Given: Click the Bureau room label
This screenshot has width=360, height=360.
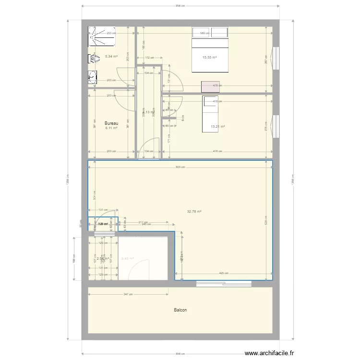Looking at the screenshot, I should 111,123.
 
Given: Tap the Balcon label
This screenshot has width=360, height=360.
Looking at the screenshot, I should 180,310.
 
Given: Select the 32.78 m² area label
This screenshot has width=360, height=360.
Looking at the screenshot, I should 194,211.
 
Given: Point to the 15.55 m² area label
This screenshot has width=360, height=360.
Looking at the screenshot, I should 209,57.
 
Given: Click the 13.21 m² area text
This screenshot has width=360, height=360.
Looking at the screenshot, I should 217,127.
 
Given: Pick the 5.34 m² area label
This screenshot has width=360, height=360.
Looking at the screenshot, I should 111,56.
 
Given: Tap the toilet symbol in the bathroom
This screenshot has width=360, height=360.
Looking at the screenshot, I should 93,59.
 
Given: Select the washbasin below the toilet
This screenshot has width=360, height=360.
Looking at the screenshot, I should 93,77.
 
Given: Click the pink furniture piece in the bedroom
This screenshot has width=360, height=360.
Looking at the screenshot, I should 210,86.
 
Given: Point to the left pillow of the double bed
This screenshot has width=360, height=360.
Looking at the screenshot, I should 201,33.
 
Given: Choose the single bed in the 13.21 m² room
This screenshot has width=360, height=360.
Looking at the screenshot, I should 210,110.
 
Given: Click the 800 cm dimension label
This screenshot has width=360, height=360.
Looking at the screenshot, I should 180,167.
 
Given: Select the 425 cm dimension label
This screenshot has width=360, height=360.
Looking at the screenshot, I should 223,274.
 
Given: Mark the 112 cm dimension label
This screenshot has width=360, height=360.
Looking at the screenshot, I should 149,58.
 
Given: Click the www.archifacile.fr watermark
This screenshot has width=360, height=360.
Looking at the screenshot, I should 269,353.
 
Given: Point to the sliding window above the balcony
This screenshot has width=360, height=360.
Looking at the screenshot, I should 224,284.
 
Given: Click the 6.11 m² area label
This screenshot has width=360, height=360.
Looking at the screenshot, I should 111,128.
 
